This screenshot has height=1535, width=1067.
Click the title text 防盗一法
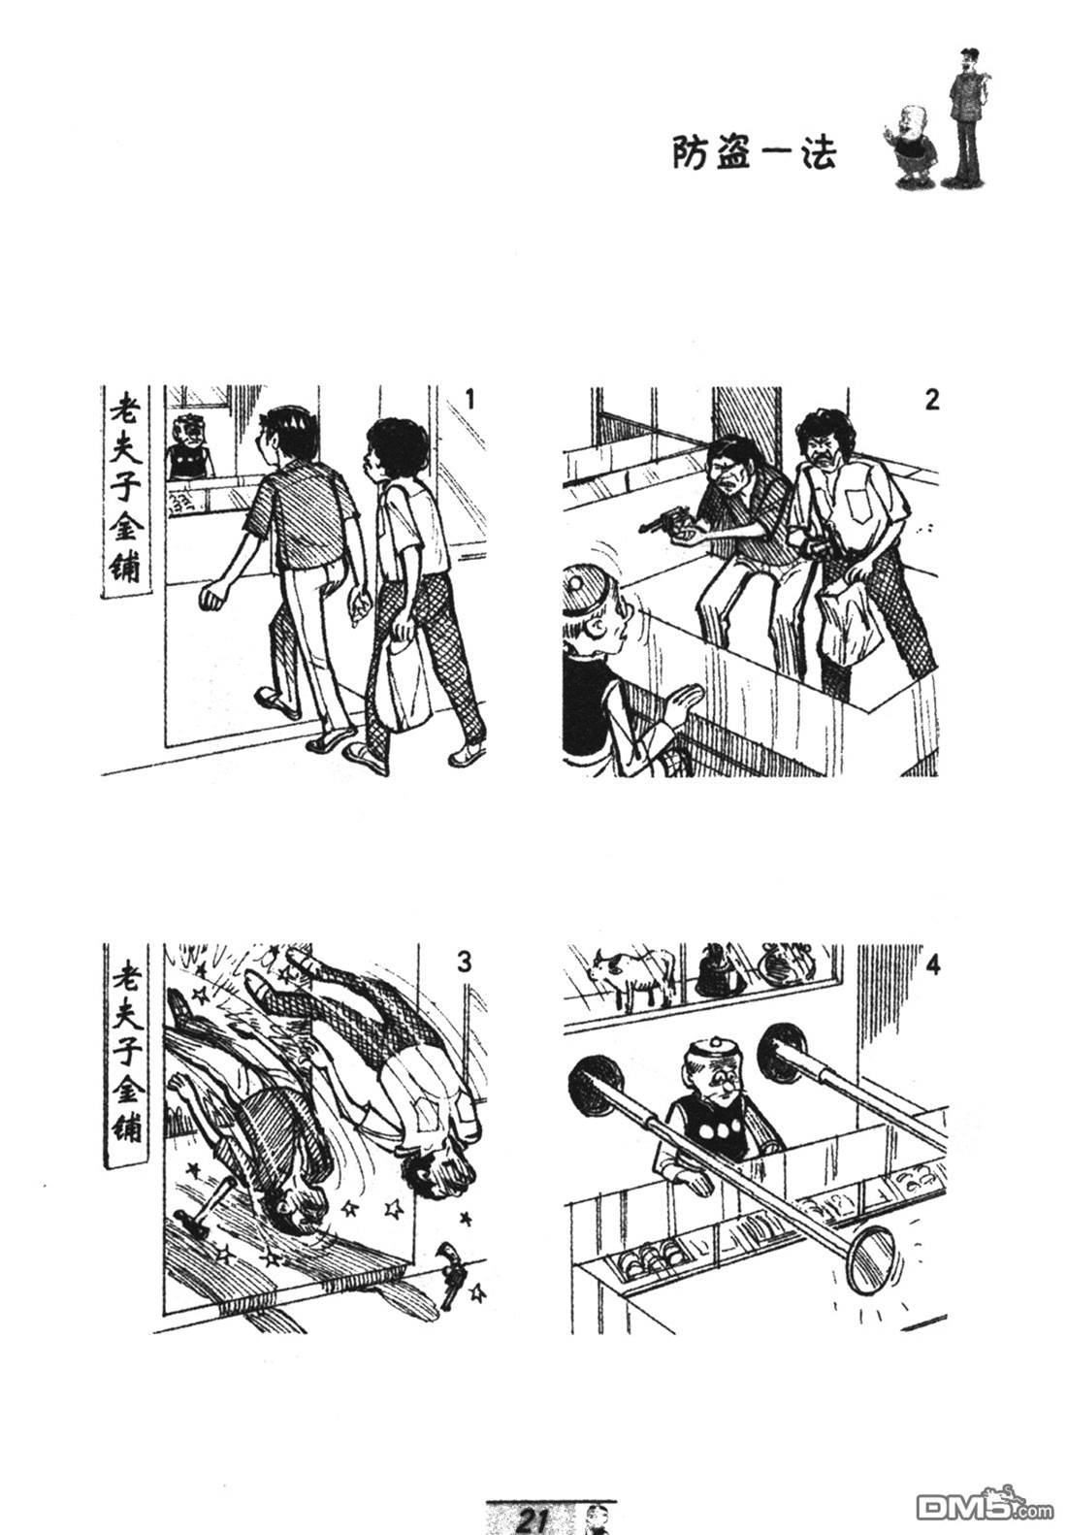(754, 152)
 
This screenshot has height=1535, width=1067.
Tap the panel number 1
(469, 398)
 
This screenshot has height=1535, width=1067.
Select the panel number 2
(931, 400)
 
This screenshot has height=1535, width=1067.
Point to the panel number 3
(465, 963)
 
